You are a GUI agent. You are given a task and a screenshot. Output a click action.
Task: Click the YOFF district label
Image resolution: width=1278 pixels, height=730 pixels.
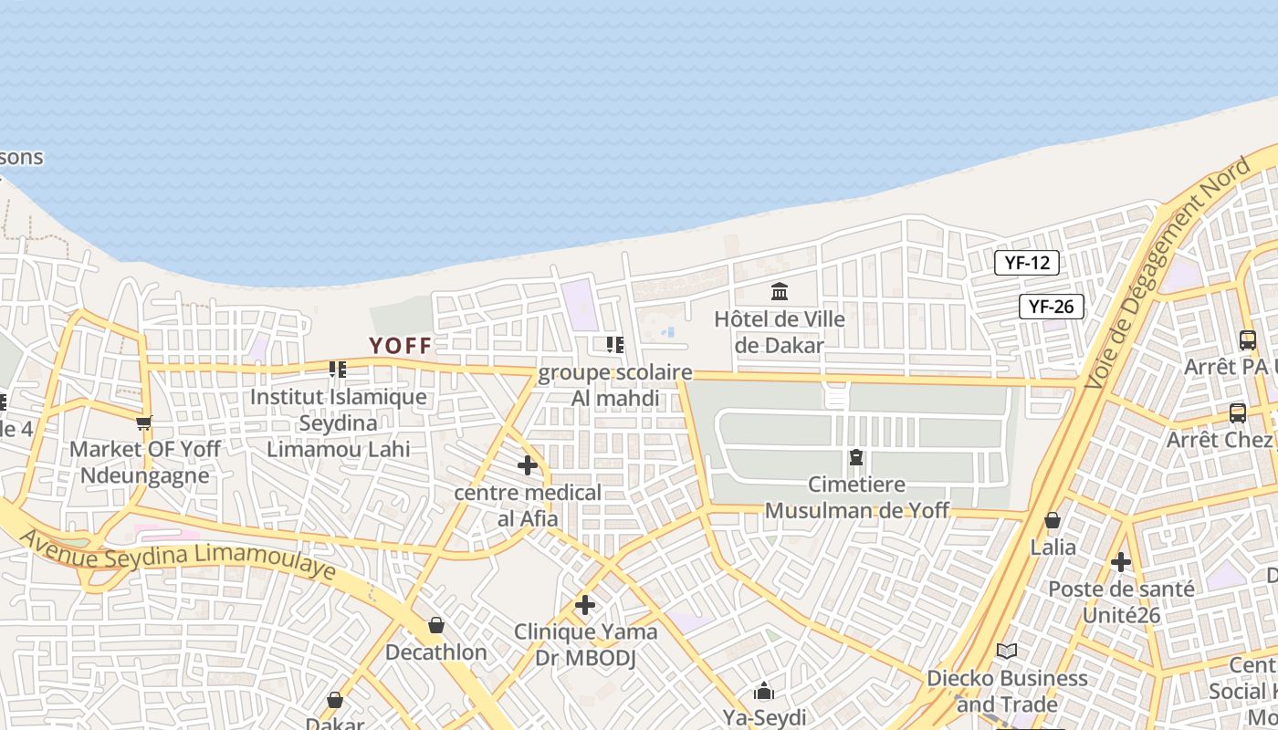(400, 345)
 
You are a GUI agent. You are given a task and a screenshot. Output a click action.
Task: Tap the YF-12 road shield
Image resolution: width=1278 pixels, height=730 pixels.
(1027, 263)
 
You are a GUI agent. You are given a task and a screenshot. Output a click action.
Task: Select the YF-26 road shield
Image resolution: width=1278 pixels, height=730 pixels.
(1052, 307)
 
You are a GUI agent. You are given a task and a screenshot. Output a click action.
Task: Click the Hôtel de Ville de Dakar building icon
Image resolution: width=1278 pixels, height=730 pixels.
(780, 292)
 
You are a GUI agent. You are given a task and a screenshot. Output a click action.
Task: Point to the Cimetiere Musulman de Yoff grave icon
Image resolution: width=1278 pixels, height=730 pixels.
(856, 456)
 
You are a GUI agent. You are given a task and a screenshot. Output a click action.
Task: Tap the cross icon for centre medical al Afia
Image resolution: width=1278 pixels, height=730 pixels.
(528, 465)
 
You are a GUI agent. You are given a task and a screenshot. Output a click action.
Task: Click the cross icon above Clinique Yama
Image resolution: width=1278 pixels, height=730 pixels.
(585, 605)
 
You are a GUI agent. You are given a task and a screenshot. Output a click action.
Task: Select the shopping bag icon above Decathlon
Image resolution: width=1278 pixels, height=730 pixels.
(436, 625)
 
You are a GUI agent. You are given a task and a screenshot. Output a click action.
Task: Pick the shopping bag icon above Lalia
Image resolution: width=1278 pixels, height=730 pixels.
(1053, 520)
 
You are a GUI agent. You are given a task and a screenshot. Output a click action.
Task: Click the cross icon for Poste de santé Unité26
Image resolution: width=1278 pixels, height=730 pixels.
(1121, 562)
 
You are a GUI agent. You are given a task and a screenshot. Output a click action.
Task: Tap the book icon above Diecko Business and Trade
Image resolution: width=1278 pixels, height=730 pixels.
(1007, 651)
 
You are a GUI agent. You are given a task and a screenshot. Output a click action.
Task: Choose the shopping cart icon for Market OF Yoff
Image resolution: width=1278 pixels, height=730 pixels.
(143, 422)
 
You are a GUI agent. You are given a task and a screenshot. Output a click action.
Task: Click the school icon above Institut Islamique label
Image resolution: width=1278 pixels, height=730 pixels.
(338, 370)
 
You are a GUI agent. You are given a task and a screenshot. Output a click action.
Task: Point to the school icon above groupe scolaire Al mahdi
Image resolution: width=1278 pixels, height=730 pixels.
(615, 345)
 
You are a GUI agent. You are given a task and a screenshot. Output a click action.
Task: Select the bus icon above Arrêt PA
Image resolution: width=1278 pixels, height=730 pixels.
(1248, 339)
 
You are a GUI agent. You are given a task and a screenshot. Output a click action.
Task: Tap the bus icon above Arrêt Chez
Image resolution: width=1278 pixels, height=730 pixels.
(1238, 412)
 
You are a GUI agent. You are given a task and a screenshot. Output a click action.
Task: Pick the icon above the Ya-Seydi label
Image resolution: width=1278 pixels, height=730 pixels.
(764, 691)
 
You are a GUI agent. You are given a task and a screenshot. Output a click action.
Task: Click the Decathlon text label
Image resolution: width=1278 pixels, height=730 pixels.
(435, 652)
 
